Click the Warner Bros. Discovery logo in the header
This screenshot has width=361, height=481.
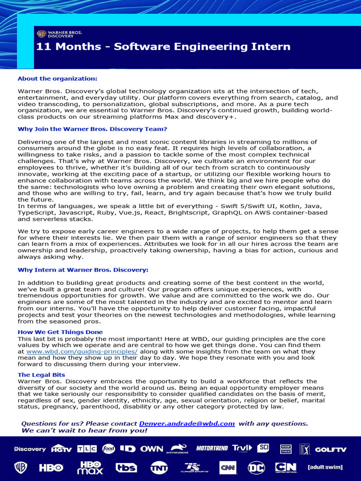point(59,34)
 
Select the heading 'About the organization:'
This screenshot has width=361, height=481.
point(57,78)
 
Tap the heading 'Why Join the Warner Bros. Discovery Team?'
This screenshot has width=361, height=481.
point(92,129)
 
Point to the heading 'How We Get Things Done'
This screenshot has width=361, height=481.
point(60,332)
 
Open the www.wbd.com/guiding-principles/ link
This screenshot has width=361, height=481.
point(82,351)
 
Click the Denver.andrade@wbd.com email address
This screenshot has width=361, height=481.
point(187,423)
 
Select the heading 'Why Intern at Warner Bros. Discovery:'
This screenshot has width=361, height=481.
point(83,270)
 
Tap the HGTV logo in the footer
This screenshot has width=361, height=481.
point(62,449)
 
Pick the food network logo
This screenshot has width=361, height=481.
point(109,449)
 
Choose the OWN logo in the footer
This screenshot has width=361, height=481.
point(152,449)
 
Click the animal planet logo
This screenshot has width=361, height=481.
point(180,449)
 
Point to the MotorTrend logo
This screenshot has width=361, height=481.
point(212,448)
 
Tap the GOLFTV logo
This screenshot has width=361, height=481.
point(330,449)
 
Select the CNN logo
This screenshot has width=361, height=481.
point(227,468)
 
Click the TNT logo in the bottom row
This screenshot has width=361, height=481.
point(159,468)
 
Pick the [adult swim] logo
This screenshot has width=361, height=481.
point(325,467)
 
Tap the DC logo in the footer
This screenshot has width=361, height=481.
point(257,468)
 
